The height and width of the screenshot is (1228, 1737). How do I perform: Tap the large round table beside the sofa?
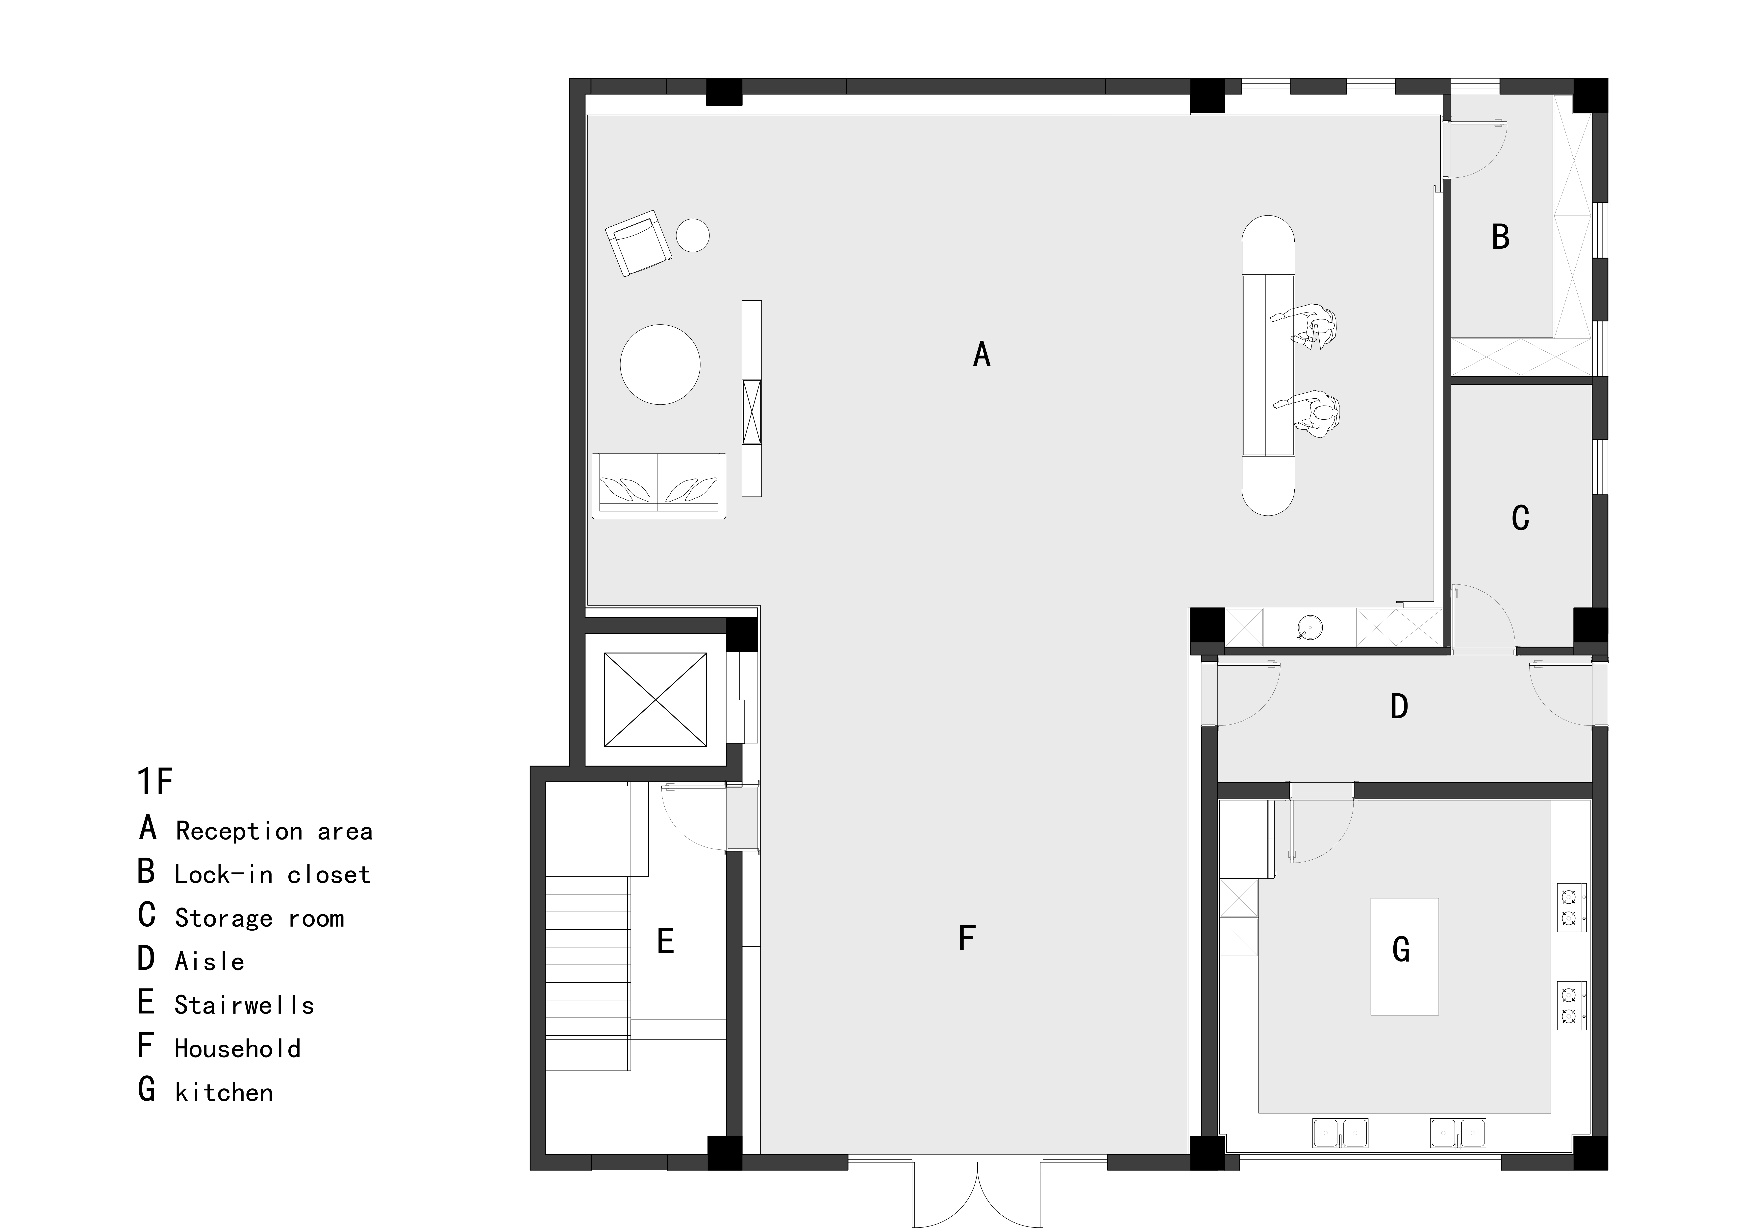tap(660, 364)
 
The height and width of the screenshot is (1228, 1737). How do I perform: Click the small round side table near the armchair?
tap(692, 235)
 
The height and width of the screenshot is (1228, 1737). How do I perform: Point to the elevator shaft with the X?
tap(656, 699)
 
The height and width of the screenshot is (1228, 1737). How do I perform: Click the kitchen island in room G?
tap(1404, 956)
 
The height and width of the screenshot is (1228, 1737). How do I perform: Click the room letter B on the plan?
tap(1500, 237)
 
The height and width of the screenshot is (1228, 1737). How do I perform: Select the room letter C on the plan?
tap(1520, 518)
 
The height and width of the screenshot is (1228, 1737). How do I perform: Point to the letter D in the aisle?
tap(1399, 706)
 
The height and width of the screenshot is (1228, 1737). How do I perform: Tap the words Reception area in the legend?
tap(274, 831)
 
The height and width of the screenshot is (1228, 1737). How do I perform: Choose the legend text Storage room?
tap(259, 918)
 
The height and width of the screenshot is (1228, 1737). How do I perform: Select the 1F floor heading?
tap(155, 781)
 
